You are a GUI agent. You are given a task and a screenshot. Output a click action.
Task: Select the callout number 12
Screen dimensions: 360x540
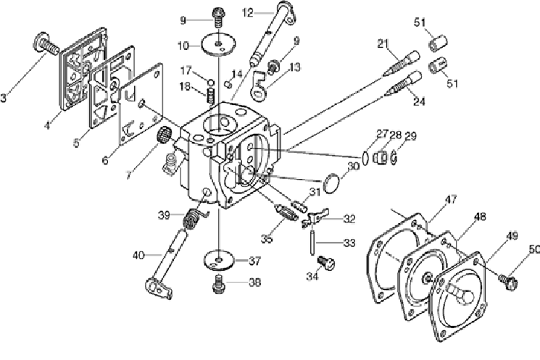point(247,12)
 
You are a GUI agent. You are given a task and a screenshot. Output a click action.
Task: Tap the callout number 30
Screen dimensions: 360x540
point(353,166)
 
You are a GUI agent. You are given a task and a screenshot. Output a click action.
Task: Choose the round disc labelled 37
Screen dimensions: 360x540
point(217,259)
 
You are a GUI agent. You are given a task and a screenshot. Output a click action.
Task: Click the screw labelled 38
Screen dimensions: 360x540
point(217,284)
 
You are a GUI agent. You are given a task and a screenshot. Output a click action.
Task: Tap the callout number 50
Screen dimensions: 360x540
point(535,250)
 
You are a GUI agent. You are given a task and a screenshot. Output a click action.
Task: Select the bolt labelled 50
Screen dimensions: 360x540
point(508,276)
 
